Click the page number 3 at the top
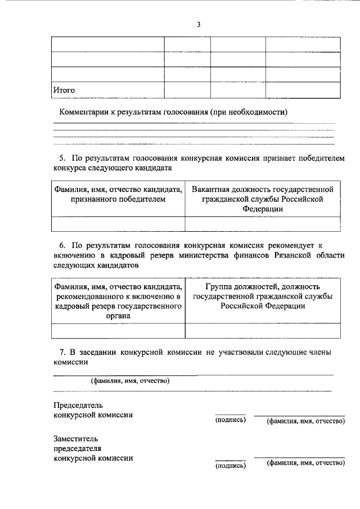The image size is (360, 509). point(199,24)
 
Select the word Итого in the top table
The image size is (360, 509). point(64,90)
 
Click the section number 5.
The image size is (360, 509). point(62,159)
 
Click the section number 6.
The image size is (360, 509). point(62,246)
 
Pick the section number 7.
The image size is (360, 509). point(62,352)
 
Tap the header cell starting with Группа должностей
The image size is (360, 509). point(262,296)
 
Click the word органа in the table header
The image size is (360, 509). point(118,316)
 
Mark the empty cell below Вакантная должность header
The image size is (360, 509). point(262,224)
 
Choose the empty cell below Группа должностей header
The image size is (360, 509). point(262,331)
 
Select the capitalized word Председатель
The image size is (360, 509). point(78,405)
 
